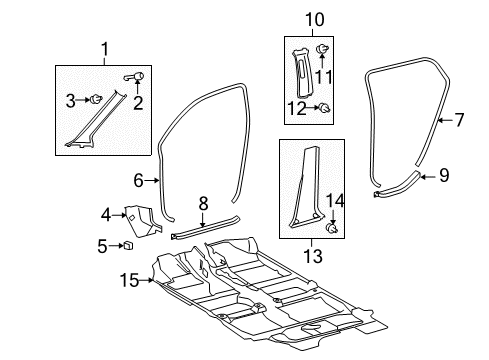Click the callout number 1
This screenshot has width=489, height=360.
pyautogui.click(x=104, y=48)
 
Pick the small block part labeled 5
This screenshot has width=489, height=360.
pyautogui.click(x=130, y=247)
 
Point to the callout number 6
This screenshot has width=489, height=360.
pyautogui.click(x=138, y=180)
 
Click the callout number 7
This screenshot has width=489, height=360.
pyautogui.click(x=459, y=121)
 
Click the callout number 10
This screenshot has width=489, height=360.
pyautogui.click(x=315, y=18)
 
